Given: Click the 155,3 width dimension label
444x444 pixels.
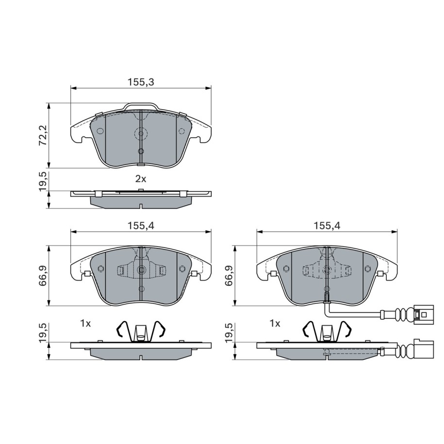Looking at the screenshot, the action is point(141,82).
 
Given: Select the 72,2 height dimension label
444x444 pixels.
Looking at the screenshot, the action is point(43,135).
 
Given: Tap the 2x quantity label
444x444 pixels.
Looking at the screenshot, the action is point(140,179).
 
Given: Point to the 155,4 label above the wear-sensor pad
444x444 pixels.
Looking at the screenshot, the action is point(327,226).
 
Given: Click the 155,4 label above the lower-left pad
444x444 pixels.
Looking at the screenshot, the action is point(141,226).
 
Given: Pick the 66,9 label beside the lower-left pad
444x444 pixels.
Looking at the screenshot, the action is point(43,276).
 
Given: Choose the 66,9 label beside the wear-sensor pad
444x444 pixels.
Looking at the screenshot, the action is point(229,276).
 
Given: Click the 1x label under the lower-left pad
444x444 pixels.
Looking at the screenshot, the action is point(85,323).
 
